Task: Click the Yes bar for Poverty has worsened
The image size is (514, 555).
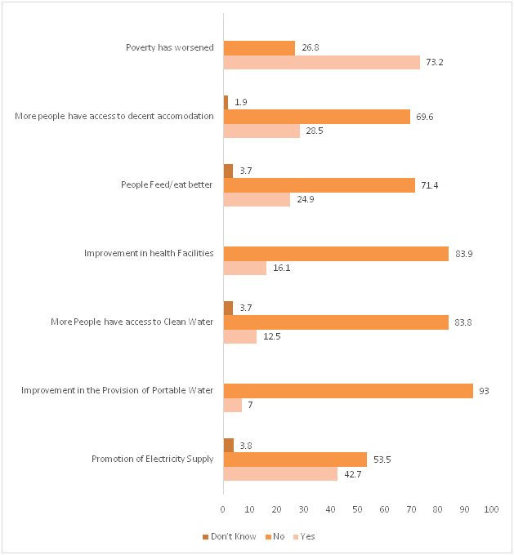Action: pos(321,62)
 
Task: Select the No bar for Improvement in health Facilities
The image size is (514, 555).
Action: pos(336,254)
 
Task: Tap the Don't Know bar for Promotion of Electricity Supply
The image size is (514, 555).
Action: pos(228,445)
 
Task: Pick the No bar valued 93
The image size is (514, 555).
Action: pos(348,391)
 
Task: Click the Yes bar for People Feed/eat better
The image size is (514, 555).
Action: pos(257,200)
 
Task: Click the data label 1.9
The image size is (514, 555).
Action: pos(241,103)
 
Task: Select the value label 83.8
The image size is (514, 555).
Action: pos(463,322)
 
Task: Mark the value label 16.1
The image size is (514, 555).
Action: pos(283,269)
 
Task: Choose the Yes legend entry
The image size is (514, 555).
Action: pos(303,536)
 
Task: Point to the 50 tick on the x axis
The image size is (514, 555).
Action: pos(357,509)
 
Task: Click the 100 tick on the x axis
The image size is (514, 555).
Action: pos(491,509)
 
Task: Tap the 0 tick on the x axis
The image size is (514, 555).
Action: pos(223,509)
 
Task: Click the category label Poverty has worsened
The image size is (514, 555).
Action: pos(169,47)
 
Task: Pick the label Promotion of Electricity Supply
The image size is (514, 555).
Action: pos(152,459)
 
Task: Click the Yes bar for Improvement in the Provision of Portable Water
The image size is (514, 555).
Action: pos(232,406)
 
